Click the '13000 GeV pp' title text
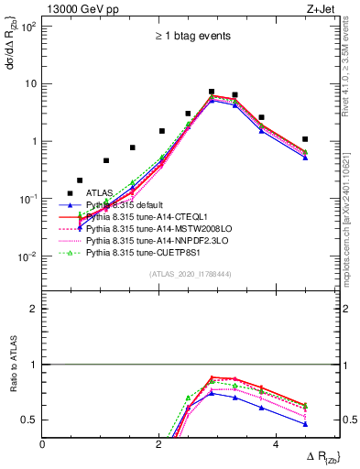(x=80, y=8)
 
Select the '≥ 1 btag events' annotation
(x=191, y=37)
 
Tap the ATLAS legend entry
(x=101, y=193)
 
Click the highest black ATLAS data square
(x=212, y=92)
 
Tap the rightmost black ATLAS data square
(x=305, y=139)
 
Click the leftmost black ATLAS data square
(x=71, y=193)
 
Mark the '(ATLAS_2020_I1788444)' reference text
(x=190, y=273)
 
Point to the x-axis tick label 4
(x=278, y=443)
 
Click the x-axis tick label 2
(x=160, y=443)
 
